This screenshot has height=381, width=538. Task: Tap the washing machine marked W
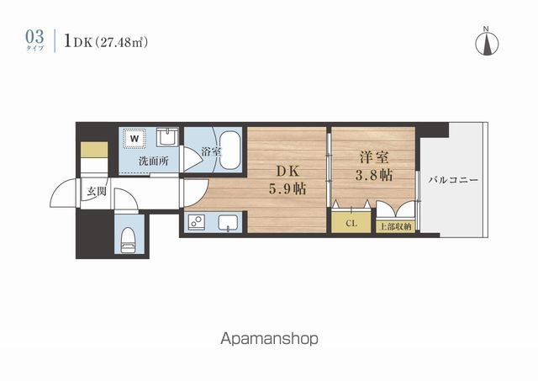tap(134, 138)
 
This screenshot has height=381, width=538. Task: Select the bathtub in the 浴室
tap(230, 150)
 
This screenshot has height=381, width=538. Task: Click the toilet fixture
tap(129, 241)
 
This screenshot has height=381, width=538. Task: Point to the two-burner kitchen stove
tap(197, 221)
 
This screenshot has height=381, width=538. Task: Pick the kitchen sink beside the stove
tap(229, 222)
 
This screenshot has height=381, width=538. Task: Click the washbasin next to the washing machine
tap(167, 137)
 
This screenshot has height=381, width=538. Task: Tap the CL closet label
tap(351, 224)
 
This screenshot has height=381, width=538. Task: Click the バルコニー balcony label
tap(453, 180)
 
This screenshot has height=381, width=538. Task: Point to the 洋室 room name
tap(374, 158)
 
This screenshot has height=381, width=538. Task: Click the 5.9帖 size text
tap(287, 188)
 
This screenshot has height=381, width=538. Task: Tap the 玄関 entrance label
tap(96, 191)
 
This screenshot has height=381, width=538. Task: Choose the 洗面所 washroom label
tap(154, 161)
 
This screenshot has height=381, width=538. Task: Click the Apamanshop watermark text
tap(269, 340)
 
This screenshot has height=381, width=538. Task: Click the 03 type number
tap(34, 37)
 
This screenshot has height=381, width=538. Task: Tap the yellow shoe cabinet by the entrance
tap(94, 150)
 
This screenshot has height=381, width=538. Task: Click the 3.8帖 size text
tap(374, 175)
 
